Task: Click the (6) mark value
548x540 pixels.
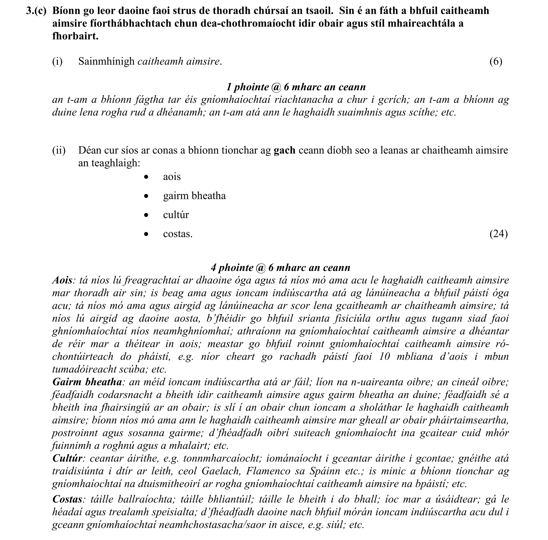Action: pos(496,62)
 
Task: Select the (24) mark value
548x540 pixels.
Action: pos(499,234)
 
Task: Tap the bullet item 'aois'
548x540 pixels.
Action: pos(172,176)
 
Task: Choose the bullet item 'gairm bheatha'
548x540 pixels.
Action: pos(194,196)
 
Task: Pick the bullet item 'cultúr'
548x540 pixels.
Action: pos(176,215)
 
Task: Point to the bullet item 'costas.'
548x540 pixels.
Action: pos(178,234)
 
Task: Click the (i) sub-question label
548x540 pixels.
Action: pos(57,62)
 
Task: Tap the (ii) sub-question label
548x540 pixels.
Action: pos(59,150)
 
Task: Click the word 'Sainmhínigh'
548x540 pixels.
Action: pos(106,62)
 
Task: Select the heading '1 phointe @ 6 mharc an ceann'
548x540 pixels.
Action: pos(296,87)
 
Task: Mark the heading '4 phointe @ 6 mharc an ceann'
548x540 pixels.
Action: pos(280,268)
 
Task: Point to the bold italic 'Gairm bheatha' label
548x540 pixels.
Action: pos(87,382)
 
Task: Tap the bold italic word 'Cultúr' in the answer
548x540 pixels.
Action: pos(67,458)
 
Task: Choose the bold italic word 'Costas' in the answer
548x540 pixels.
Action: pos(67,499)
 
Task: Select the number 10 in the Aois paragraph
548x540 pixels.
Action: pos(384,357)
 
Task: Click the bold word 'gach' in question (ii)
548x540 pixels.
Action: pos(284,150)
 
